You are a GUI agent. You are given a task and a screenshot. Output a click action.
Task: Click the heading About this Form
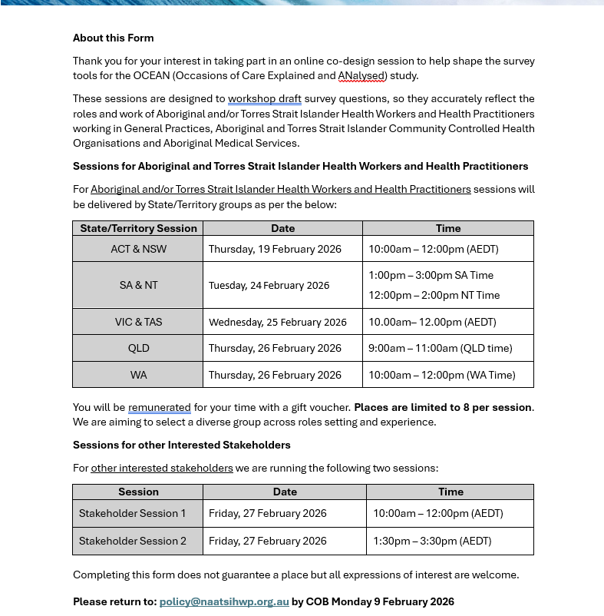click(113, 38)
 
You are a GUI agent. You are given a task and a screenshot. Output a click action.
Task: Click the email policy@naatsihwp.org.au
click(223, 601)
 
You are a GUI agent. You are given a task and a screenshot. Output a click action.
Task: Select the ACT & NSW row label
click(138, 249)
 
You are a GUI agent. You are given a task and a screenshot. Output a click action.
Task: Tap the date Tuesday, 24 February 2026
click(269, 285)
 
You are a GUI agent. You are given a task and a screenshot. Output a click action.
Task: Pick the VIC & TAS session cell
click(138, 322)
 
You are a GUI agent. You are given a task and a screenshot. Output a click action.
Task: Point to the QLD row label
click(138, 348)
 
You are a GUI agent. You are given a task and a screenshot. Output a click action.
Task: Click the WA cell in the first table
click(138, 375)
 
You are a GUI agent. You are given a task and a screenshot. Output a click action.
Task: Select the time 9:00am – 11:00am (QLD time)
click(440, 348)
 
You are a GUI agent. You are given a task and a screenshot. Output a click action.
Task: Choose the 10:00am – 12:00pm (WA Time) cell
click(441, 375)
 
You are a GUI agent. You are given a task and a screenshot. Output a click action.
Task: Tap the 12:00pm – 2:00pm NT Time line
click(434, 295)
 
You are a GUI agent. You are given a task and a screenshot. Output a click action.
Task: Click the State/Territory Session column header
click(138, 228)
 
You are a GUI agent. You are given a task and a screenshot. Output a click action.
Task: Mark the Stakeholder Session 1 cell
click(132, 513)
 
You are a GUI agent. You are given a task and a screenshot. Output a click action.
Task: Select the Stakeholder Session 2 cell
click(132, 541)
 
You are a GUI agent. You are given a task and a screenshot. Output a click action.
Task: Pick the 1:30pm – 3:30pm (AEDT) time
click(431, 541)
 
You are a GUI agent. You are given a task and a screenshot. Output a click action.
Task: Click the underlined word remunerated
click(159, 407)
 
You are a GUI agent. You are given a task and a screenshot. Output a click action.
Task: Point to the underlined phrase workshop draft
click(264, 98)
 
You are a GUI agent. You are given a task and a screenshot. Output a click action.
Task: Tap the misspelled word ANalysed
click(362, 75)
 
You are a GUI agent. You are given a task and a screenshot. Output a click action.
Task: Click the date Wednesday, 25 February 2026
click(277, 322)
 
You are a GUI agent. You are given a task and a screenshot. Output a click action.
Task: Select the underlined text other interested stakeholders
click(161, 468)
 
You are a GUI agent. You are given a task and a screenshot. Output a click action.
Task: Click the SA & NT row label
click(138, 285)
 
